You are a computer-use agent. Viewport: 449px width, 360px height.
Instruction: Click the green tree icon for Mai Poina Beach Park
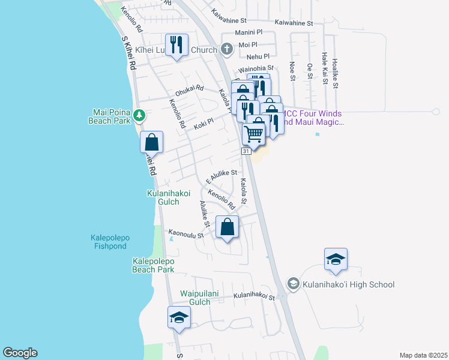tap(139, 114)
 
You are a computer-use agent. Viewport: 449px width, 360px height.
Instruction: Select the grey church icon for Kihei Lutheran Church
tap(226, 49)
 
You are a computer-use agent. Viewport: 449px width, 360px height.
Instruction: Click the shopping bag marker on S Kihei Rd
tap(152, 143)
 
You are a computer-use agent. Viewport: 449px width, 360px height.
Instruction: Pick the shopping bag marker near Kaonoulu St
tap(227, 227)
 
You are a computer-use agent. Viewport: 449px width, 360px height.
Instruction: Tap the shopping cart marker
tap(254, 133)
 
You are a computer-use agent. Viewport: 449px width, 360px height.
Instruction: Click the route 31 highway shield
tap(246, 152)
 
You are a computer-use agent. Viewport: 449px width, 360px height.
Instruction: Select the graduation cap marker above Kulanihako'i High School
tap(336, 259)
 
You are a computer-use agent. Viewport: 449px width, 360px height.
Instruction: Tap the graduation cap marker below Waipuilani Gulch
tap(179, 317)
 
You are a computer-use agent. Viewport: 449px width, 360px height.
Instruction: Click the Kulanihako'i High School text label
tap(349, 284)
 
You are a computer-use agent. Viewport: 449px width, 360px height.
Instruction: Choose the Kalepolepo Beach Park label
tap(153, 265)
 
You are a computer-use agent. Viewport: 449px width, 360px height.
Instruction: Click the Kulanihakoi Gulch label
tap(163, 197)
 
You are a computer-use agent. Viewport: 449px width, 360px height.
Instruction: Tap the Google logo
tap(20, 353)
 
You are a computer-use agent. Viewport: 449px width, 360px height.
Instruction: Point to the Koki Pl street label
tap(204, 124)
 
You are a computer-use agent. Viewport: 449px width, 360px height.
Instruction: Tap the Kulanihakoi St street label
tap(253, 296)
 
